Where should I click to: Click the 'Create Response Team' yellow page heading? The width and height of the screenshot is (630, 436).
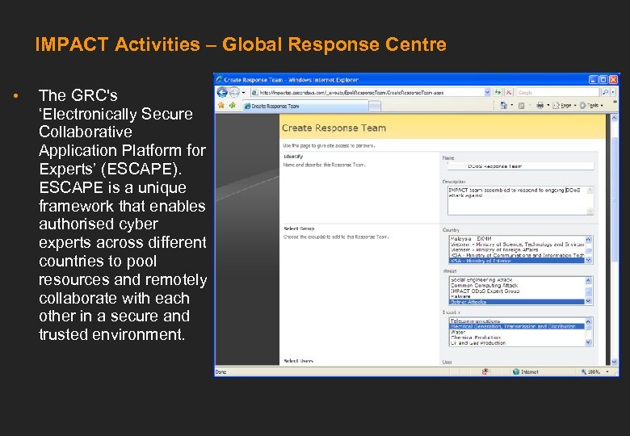334,128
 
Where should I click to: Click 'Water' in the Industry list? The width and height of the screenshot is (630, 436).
458,332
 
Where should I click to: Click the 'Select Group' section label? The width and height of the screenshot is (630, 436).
299,229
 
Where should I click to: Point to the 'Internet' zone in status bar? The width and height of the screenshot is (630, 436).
528,371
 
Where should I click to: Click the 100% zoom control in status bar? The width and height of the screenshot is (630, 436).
591,371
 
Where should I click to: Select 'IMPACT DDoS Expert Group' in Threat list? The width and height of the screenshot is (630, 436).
485,291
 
